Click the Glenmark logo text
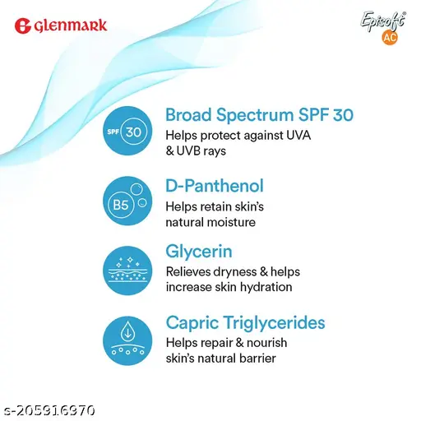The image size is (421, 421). coord(71,25)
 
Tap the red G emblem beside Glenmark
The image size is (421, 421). coord(22,25)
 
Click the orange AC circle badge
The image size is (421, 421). coord(390,37)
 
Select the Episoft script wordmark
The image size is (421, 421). coord(383,21)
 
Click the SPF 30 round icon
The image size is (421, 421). coord(127,131)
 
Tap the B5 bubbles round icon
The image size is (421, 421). coord(127,201)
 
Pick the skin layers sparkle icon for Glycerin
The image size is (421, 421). coord(127,271)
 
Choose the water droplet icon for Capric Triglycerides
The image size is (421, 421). coord(127,340)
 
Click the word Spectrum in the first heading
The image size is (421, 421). coord(255,115)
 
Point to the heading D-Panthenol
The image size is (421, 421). coord(215,186)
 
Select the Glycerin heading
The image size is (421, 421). coord(199,252)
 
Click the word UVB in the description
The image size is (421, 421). coord(189,151)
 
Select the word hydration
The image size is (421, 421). coord(266,287)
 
